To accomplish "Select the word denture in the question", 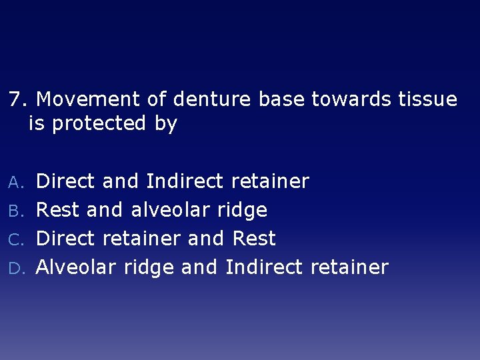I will click(211, 100).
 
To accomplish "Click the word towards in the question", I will click(353, 100).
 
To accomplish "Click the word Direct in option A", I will click(65, 181).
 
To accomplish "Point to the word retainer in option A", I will click(270, 181).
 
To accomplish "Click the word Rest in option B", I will click(57, 210).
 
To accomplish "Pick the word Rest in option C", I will click(254, 239).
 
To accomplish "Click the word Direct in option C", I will click(65, 239).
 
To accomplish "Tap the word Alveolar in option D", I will click(76, 267).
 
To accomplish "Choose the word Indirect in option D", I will click(265, 267).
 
